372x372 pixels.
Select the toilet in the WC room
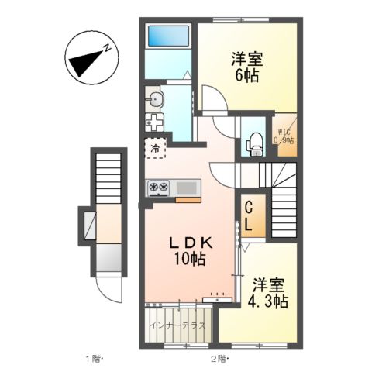point(253,143)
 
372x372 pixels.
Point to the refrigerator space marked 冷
point(155,147)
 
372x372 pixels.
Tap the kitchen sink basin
point(188,187)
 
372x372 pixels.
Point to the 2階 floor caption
point(219,359)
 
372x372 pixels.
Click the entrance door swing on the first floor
point(108,294)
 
